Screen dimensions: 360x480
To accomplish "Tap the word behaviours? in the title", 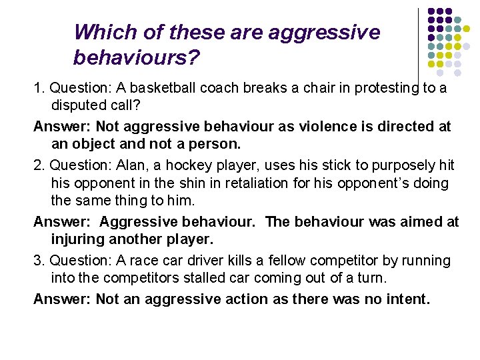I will (137, 59).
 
